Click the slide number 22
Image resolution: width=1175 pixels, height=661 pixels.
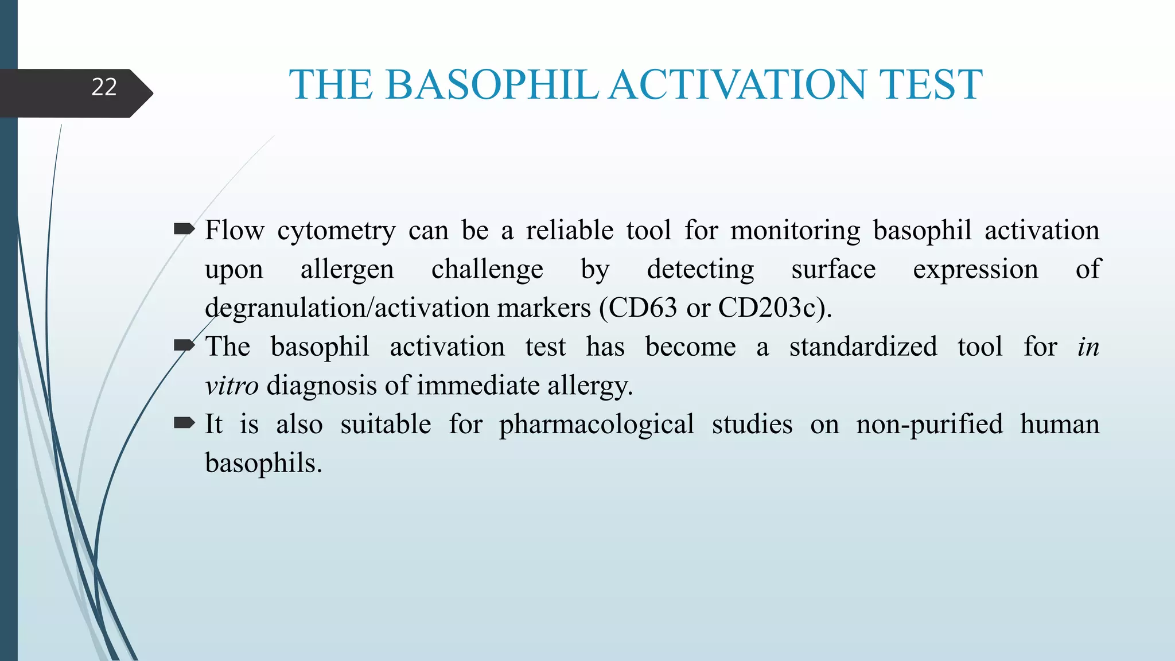coord(104,87)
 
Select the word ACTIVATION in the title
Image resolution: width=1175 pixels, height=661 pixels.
coord(738,85)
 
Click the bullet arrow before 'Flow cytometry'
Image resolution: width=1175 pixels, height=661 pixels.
coord(184,230)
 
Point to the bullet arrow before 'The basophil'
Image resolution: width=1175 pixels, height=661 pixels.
coord(184,345)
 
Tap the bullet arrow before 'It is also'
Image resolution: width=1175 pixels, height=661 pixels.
coord(184,423)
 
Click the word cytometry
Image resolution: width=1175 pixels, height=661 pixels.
coord(336,231)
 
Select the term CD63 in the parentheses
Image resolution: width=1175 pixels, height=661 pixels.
coord(644,308)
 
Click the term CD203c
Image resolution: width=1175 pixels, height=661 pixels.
coord(767,308)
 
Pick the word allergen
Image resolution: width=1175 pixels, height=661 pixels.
coord(347,270)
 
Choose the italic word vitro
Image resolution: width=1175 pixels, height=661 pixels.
coord(232,386)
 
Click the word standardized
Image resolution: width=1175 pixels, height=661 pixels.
coord(863,347)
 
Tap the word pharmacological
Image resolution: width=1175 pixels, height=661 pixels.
coord(596,425)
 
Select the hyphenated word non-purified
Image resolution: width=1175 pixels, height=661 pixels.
coord(929,425)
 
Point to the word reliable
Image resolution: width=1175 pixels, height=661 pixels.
coord(569,230)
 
